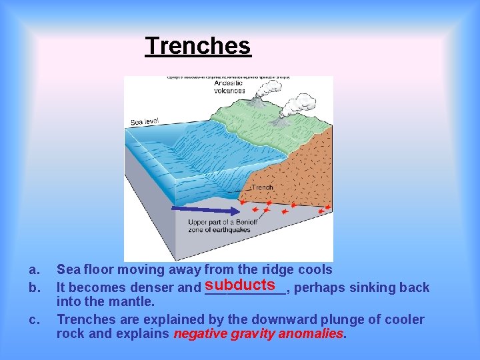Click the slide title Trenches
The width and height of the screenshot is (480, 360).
198,46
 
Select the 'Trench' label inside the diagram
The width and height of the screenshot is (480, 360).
262,188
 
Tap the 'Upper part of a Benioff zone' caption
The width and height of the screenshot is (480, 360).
219,226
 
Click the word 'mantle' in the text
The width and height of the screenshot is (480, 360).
131,302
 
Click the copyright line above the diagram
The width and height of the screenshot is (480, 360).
228,78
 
